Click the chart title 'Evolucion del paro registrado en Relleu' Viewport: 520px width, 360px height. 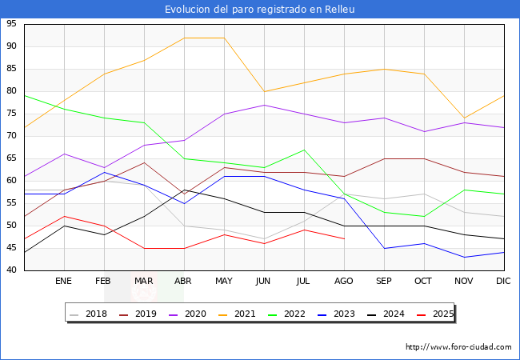(260, 10)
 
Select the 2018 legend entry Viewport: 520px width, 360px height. (91, 314)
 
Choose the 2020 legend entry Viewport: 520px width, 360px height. (188, 314)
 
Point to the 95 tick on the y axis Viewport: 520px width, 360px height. (12, 24)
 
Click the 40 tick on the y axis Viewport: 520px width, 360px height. (12, 270)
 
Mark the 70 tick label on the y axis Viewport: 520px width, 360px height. (12, 136)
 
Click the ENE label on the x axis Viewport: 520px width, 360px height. (64, 282)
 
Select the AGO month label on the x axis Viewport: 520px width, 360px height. (344, 282)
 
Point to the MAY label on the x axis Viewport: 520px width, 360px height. (224, 282)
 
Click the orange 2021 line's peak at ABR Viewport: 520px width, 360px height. (184, 38)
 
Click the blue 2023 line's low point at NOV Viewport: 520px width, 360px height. (464, 257)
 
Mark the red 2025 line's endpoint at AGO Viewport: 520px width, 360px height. (344, 238)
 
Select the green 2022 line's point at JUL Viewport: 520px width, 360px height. (304, 150)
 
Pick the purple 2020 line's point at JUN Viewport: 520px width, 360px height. (264, 105)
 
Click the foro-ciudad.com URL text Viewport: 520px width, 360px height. (458, 347)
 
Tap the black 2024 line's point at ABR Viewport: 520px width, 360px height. (184, 190)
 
